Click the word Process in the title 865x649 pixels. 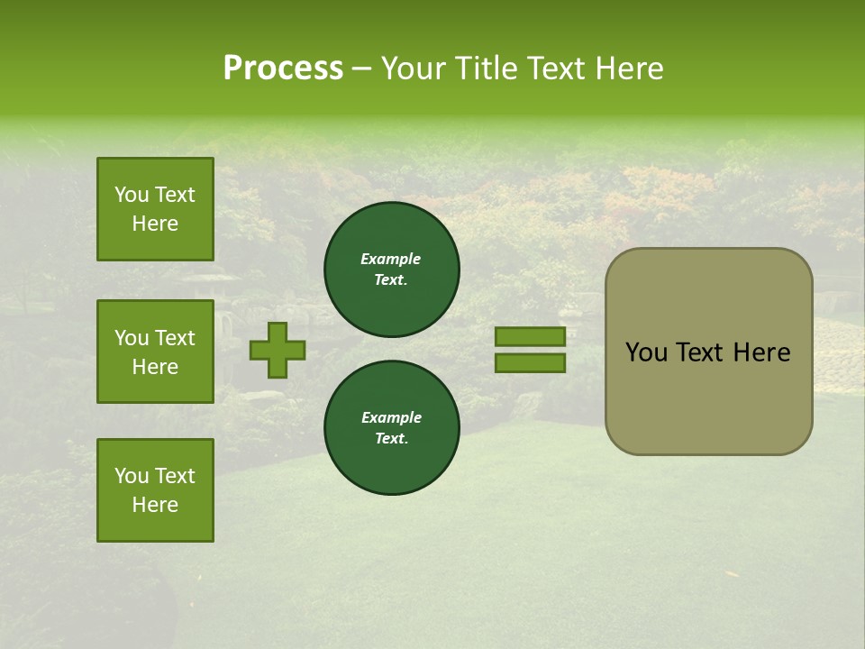[283, 69]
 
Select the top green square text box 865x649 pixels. [155, 209]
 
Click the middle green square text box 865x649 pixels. [155, 352]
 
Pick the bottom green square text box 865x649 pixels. [155, 489]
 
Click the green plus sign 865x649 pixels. [278, 351]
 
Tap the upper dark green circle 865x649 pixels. [392, 270]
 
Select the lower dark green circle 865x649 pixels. [392, 428]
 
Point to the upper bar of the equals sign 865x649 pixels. [531, 337]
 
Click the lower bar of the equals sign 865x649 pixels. [531, 363]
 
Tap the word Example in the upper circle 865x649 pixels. [391, 259]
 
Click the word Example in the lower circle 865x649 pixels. [391, 417]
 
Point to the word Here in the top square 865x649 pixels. [155, 224]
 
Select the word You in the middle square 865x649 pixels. [131, 338]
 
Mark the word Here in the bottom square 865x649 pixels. [155, 505]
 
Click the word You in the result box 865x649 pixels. [645, 352]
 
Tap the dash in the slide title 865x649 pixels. [361, 69]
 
